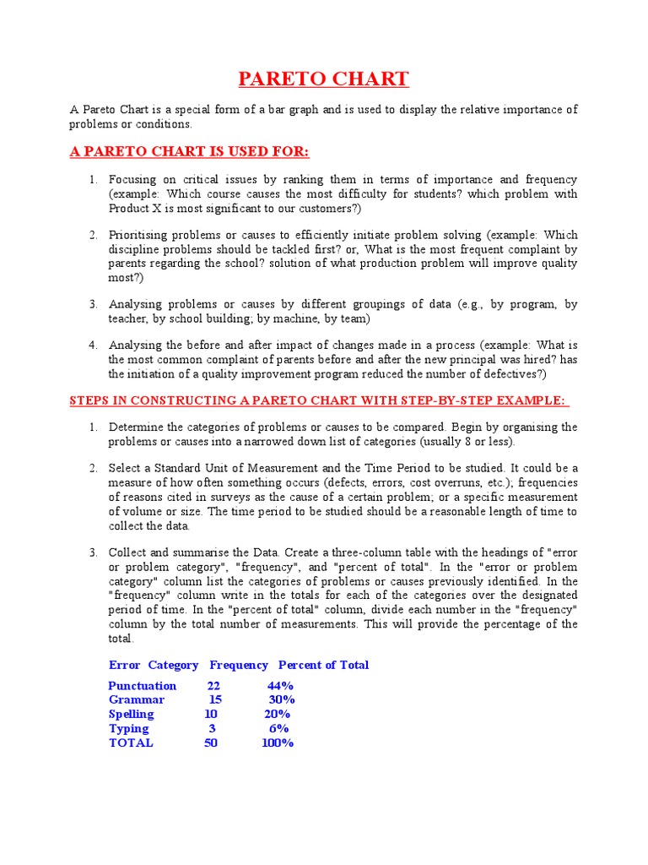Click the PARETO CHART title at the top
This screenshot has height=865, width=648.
click(x=323, y=79)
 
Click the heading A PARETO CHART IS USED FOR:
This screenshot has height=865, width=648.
click(x=190, y=152)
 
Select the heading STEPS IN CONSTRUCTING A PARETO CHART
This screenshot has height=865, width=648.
click(x=319, y=400)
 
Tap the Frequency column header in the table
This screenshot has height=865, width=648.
click(x=239, y=666)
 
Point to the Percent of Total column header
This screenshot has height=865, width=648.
click(x=324, y=666)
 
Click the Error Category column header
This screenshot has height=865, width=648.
click(x=154, y=666)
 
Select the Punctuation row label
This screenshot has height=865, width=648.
click(x=143, y=686)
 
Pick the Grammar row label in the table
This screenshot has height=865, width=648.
click(x=137, y=700)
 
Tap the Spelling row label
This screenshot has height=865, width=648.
click(x=132, y=715)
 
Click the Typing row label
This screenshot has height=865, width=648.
click(x=129, y=729)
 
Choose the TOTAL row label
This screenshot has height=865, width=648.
click(x=132, y=743)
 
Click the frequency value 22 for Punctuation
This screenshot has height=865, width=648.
click(x=213, y=686)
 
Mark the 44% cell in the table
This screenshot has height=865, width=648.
click(x=280, y=686)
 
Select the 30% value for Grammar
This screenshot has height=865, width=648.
click(x=282, y=700)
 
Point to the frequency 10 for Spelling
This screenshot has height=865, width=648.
click(x=211, y=715)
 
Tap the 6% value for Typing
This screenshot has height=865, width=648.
click(x=279, y=729)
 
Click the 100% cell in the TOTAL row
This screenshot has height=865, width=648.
click(x=278, y=743)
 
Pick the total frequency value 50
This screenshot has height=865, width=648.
click(x=211, y=743)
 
